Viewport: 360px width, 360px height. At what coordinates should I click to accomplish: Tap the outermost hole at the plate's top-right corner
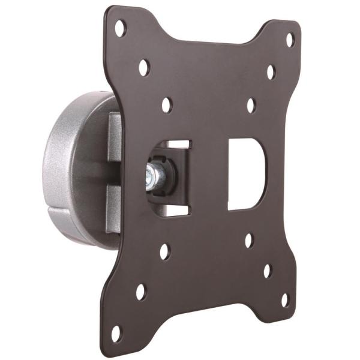289,40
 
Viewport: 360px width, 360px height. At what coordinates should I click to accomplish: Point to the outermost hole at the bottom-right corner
285,299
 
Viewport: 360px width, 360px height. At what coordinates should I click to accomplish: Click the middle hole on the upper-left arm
143,67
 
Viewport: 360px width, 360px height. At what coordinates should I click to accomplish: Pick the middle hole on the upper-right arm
271,72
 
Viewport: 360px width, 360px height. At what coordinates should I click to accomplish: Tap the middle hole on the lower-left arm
140,292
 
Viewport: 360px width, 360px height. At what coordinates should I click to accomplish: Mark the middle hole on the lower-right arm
268,270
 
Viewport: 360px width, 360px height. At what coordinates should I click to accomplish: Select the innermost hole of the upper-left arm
166,104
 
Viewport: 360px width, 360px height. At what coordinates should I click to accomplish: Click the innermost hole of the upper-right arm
251,105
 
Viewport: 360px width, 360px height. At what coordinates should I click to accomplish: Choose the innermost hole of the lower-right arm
249,241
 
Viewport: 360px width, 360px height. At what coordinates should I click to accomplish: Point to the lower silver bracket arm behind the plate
114,207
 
